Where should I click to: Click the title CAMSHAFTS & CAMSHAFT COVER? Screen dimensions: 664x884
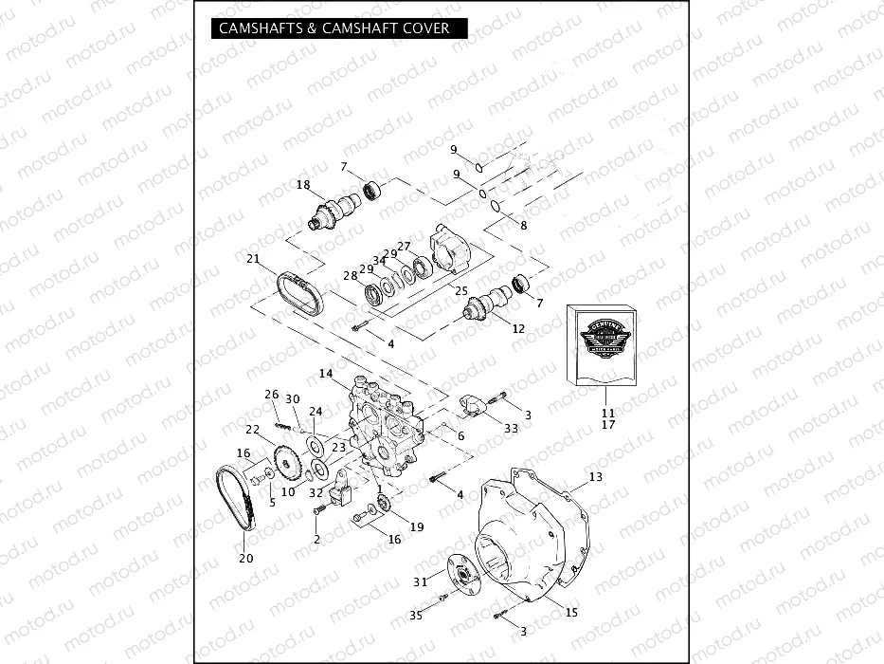(334, 28)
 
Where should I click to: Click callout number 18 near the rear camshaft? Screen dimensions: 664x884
(303, 184)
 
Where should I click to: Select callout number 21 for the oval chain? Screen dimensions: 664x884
(253, 259)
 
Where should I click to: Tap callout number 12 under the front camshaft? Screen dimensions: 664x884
(518, 328)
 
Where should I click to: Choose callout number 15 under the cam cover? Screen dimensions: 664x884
(571, 612)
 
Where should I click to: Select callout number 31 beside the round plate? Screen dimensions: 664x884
(420, 581)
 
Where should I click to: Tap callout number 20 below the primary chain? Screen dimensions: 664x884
(245, 558)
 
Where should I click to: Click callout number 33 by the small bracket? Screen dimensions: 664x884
(512, 429)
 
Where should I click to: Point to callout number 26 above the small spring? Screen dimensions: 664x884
(271, 394)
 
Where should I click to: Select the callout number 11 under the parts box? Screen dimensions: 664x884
(607, 413)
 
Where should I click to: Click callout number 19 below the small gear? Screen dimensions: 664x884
(416, 526)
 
